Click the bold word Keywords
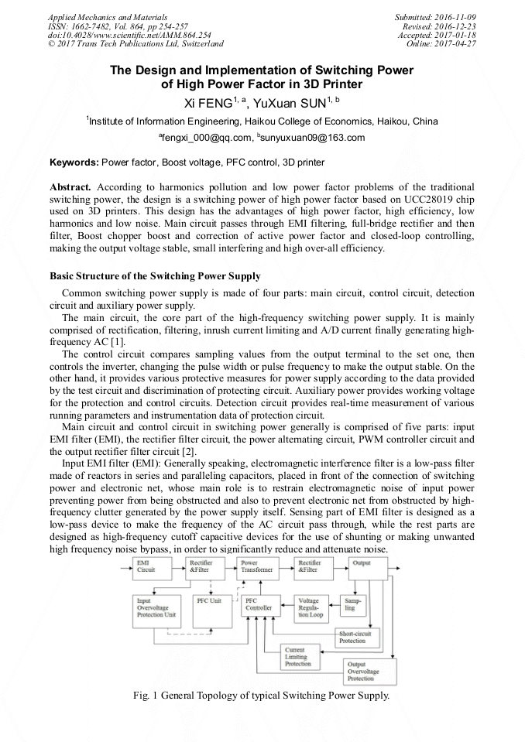pyautogui.click(x=74, y=162)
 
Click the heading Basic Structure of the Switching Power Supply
pyautogui.click(x=155, y=276)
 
